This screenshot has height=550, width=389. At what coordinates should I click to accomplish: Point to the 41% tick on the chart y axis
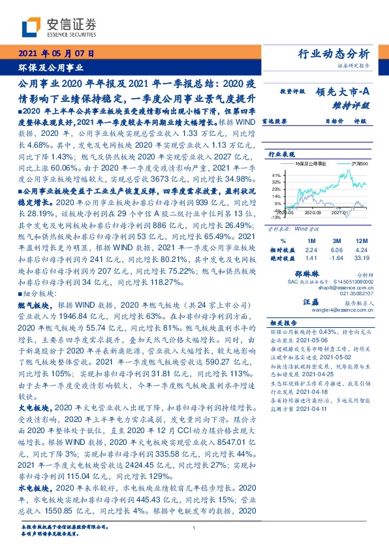(x=276, y=176)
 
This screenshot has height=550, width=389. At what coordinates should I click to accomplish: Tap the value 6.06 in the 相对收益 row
(x=336, y=249)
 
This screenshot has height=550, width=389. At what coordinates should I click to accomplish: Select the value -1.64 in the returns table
(x=336, y=257)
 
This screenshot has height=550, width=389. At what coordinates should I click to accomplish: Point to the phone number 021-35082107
(x=356, y=293)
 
